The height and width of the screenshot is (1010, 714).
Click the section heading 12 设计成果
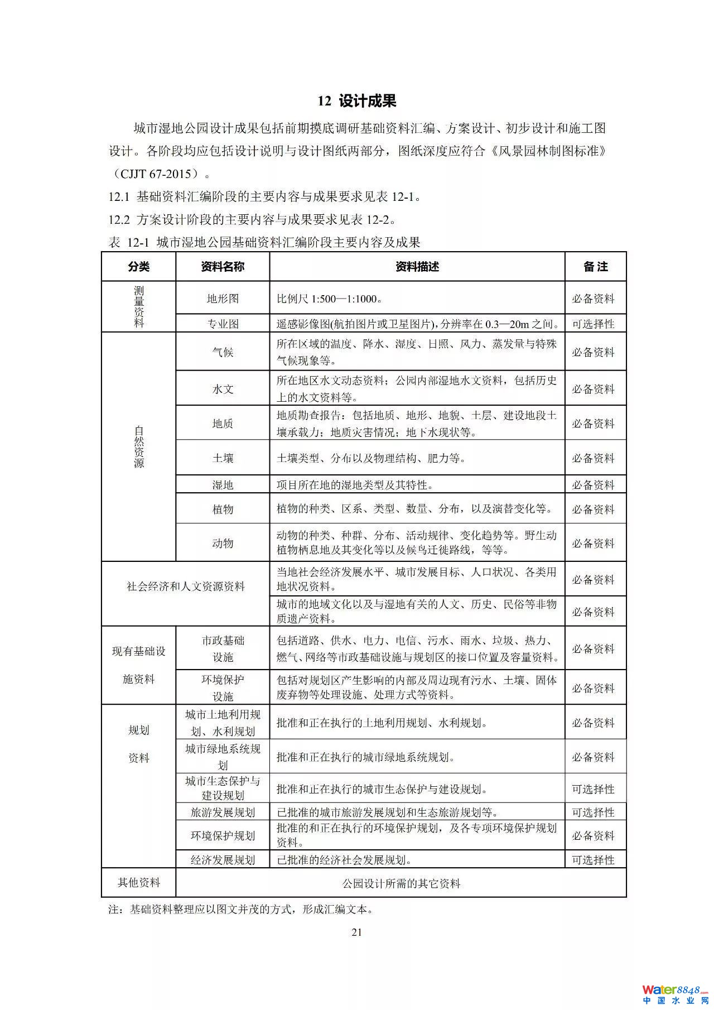click(x=357, y=101)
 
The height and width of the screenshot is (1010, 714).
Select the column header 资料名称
click(x=223, y=267)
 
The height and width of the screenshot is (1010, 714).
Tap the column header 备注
click(x=595, y=267)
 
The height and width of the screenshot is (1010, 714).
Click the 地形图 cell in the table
click(x=223, y=299)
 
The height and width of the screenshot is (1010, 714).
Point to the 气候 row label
click(x=223, y=352)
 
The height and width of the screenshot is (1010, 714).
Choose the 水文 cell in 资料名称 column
click(x=223, y=389)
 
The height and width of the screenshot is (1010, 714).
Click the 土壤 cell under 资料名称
click(x=223, y=458)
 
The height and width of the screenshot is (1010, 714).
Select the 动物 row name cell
click(x=223, y=543)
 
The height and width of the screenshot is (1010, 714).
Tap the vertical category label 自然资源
click(x=139, y=446)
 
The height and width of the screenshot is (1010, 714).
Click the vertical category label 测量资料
click(x=139, y=306)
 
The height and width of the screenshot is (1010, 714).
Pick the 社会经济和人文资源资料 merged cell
click(x=185, y=586)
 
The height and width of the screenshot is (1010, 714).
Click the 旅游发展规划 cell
click(x=223, y=812)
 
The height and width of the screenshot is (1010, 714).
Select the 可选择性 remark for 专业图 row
click(x=593, y=324)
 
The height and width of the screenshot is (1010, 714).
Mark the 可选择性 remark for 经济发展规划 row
click(x=593, y=860)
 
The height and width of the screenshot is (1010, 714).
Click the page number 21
click(x=357, y=932)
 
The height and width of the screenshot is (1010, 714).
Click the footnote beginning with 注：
click(x=240, y=910)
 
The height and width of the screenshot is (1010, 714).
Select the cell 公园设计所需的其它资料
click(x=401, y=883)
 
